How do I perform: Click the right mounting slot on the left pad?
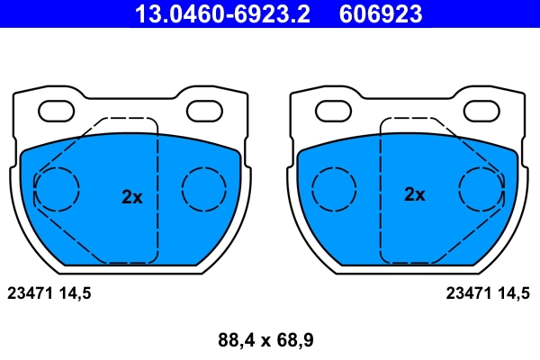click(205, 111)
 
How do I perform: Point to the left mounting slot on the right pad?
click(334, 111)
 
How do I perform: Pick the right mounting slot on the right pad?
click(481, 111)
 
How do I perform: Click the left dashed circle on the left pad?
click(57, 189)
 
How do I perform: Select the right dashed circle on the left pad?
click(204, 189)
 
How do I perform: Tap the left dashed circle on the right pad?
click(334, 189)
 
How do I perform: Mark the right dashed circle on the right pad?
click(481, 189)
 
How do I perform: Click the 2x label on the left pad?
click(132, 197)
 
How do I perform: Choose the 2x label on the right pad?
click(414, 193)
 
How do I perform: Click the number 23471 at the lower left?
click(29, 292)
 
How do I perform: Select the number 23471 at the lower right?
click(468, 292)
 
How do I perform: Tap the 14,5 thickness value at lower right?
click(514, 293)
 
